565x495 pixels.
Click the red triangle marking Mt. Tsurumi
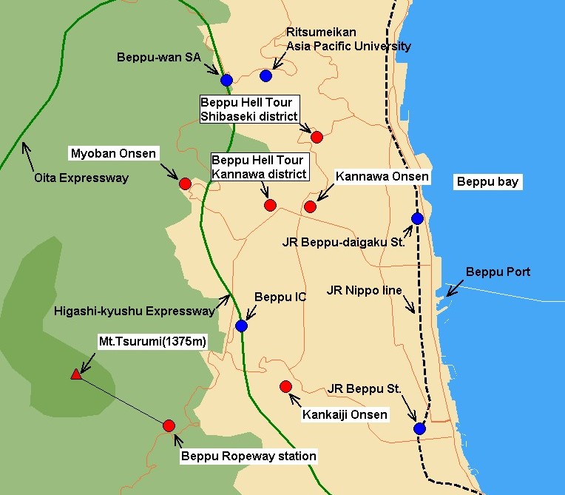pos(75,374)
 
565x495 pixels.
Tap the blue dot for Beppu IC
pos(241,326)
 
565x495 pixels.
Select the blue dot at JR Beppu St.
pos(419,428)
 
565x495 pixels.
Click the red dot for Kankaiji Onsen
pos(286,386)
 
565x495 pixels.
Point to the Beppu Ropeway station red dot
pos(169,425)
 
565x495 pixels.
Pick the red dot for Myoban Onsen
pos(185,183)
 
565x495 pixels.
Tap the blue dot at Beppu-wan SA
pos(226,80)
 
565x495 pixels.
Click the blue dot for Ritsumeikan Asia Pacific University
pos(266,75)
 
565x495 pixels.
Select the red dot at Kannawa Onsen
pos(310,206)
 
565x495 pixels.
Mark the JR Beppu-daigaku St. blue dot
pos(417,218)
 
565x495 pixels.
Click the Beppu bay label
pos(487,181)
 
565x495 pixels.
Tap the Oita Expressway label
pos(81,178)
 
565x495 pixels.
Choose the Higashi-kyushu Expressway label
pos(134,311)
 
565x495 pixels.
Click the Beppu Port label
pos(498,272)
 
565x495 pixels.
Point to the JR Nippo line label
pos(364,291)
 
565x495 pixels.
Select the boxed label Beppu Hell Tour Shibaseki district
pos(250,109)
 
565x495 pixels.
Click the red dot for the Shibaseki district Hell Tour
pos(317,137)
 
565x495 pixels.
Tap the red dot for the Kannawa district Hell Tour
pos(270,205)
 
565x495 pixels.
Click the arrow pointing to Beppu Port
pos(453,289)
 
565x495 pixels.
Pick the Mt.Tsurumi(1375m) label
pos(152,341)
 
